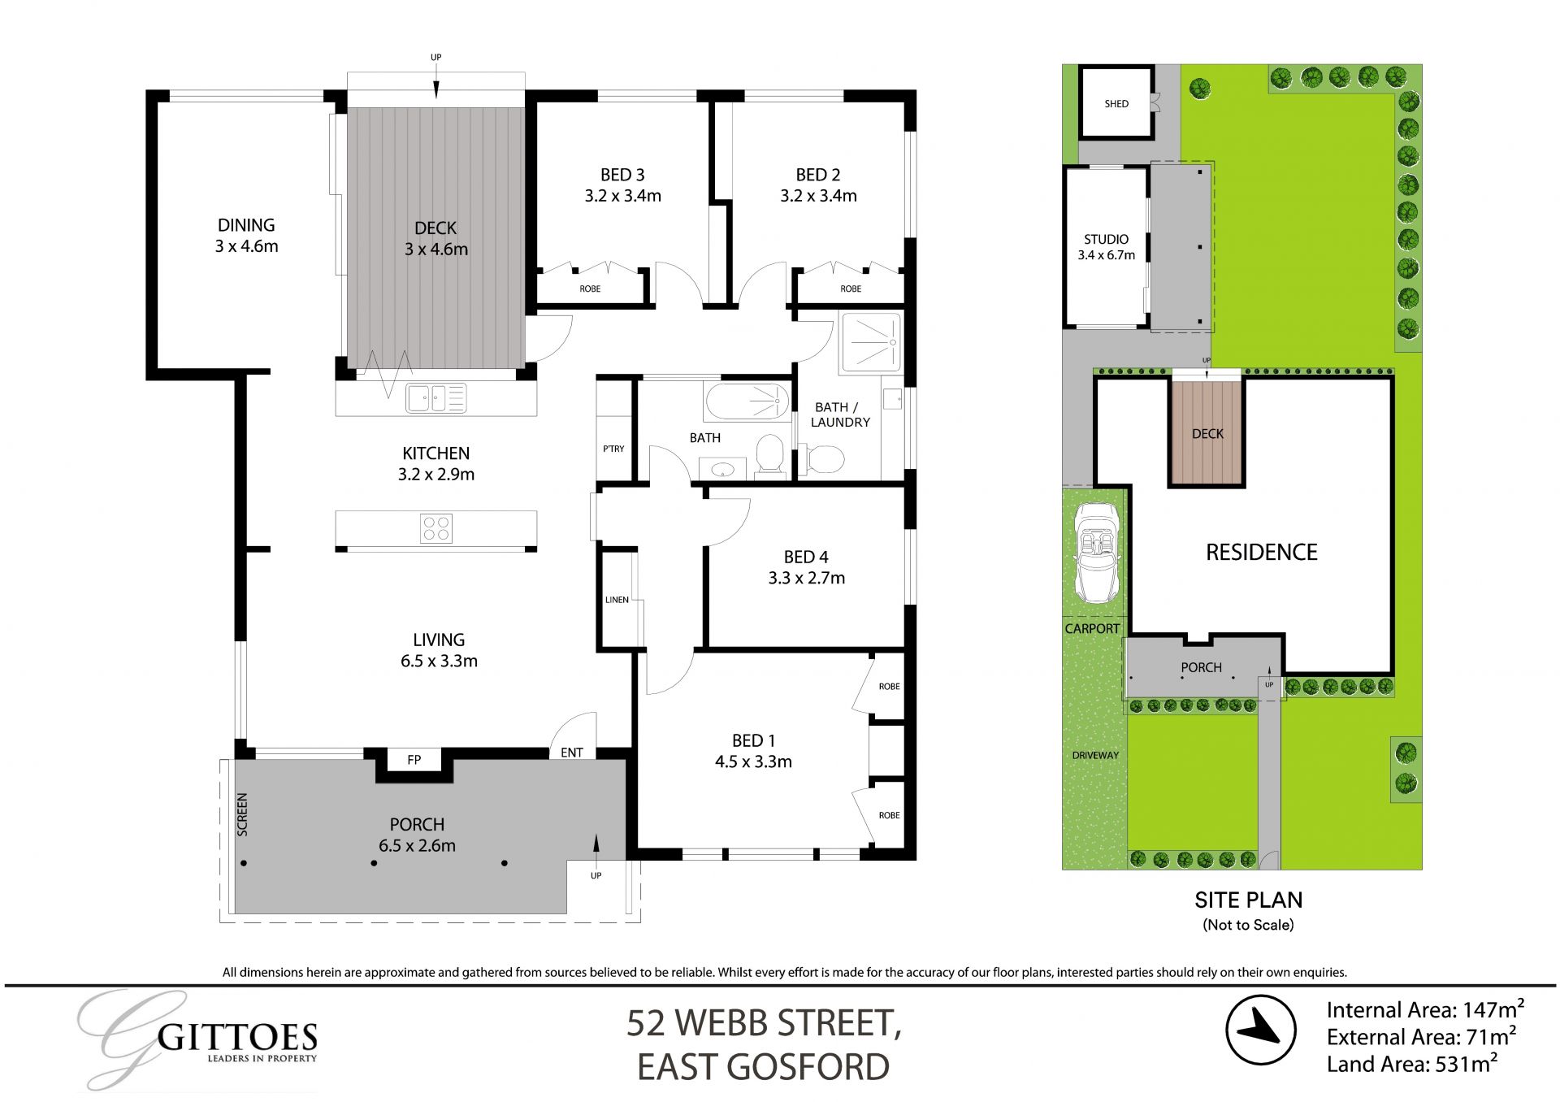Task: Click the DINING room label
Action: click(245, 225)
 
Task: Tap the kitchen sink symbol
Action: click(435, 398)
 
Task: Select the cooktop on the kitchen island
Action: click(436, 528)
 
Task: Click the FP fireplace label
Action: click(414, 760)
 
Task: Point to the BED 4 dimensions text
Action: click(806, 579)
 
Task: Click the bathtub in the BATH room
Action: click(747, 401)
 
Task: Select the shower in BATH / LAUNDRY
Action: click(871, 342)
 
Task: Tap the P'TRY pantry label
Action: click(613, 449)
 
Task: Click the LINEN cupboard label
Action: click(617, 600)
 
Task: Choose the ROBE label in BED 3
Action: click(590, 289)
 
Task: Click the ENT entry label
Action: click(571, 753)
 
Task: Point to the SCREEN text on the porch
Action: click(242, 814)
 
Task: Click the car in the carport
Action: click(1095, 553)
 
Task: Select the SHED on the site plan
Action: click(1116, 103)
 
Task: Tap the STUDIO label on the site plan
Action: click(1106, 239)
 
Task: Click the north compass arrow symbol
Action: click(1259, 1029)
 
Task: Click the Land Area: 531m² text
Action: click(1412, 1064)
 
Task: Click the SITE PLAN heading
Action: click(1248, 900)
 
